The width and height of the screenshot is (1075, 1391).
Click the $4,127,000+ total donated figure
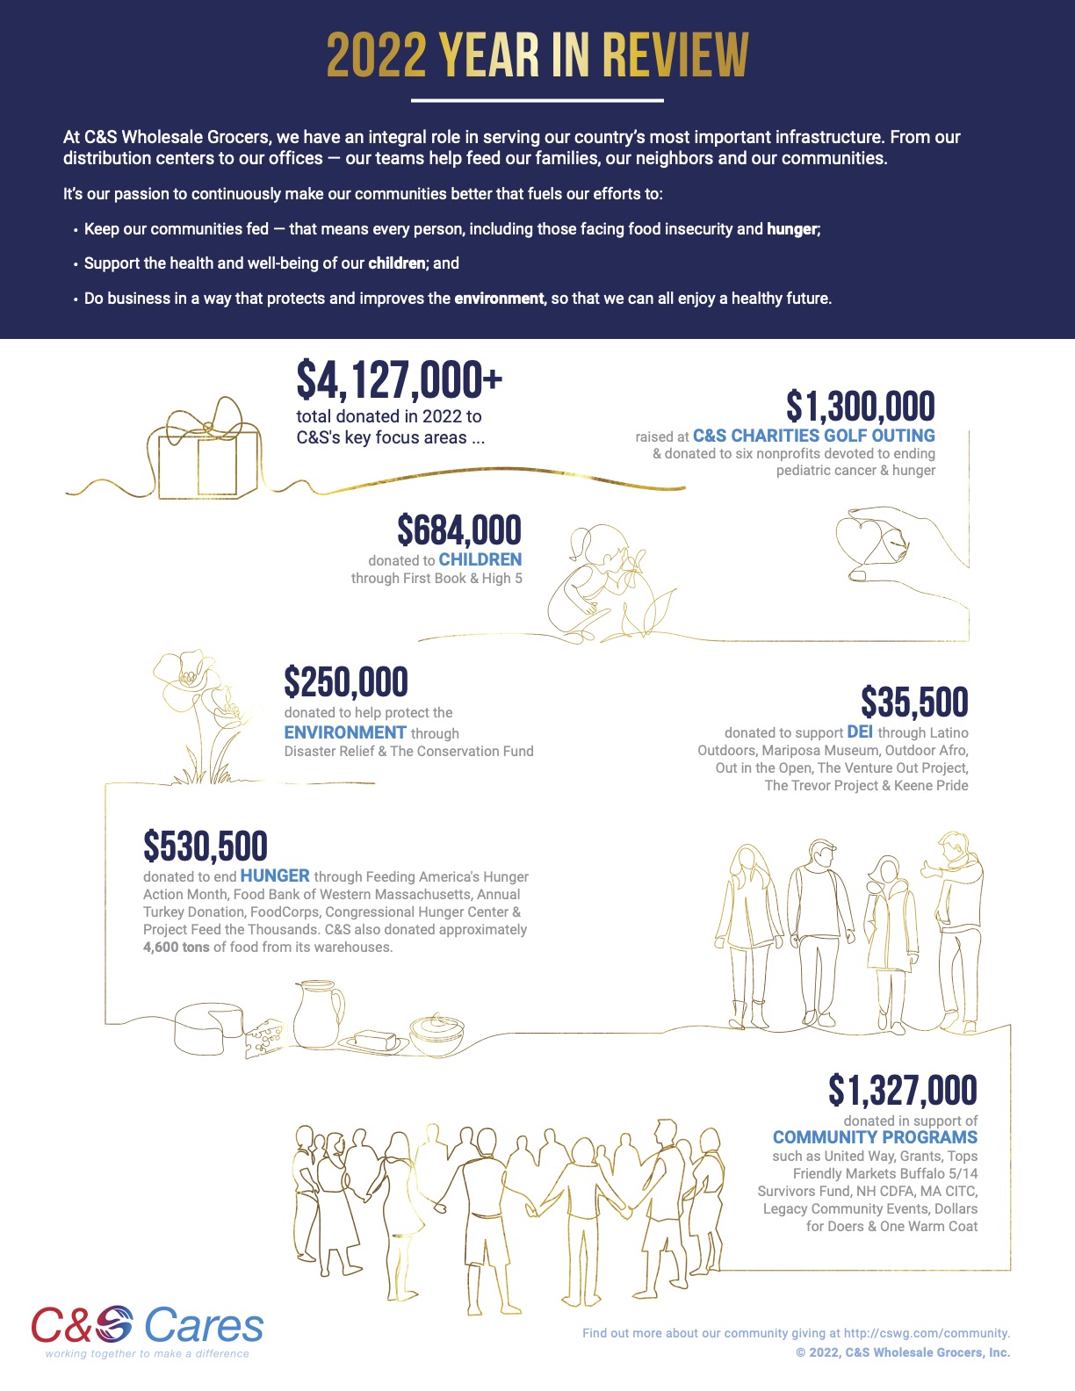(399, 380)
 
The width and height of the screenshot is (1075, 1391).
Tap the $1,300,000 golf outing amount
(860, 407)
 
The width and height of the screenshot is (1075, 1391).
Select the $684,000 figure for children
(458, 530)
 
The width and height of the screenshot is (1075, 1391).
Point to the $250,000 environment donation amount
(346, 682)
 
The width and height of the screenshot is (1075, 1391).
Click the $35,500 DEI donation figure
(913, 703)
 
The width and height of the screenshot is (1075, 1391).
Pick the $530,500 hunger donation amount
(206, 847)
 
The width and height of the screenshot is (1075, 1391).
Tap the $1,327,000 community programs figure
(902, 1091)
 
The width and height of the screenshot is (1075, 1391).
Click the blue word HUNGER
(275, 876)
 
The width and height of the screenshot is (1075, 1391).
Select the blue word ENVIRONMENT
(345, 732)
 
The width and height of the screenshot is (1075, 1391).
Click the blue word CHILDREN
(480, 559)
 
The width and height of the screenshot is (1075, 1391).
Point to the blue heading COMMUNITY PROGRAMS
(875, 1137)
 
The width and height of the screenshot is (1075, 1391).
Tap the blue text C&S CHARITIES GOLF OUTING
(813, 436)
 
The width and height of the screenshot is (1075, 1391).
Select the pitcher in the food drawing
(317, 1013)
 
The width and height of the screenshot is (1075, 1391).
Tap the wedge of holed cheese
(263, 1038)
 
